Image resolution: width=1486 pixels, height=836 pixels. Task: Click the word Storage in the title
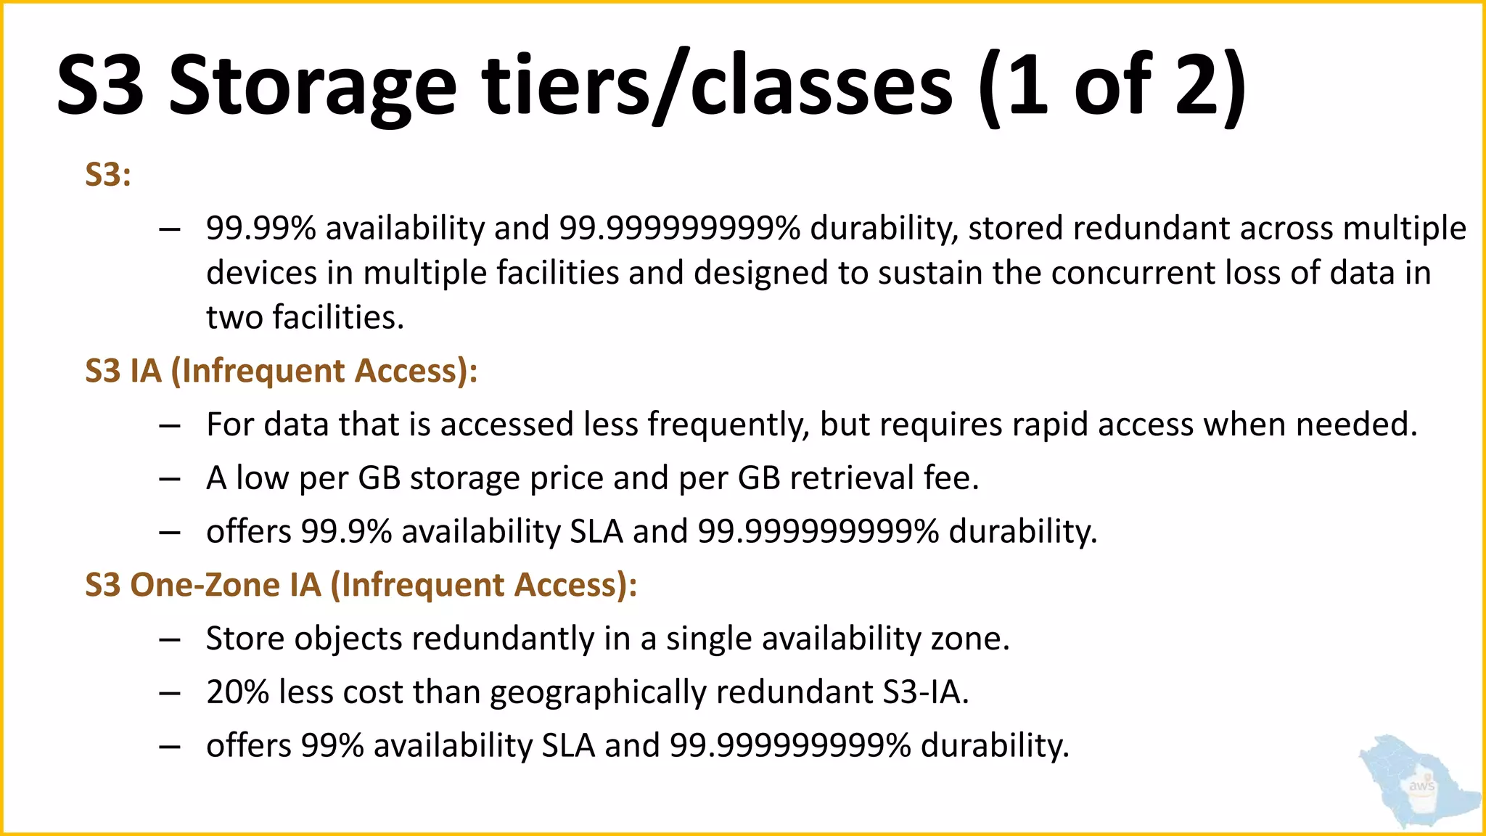[312, 87]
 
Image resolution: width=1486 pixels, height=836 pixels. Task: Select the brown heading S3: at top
[108, 175]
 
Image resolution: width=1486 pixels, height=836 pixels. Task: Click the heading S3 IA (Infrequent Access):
[282, 371]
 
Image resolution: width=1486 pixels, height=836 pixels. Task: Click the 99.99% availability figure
[261, 229]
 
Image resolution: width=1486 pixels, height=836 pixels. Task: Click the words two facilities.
[305, 318]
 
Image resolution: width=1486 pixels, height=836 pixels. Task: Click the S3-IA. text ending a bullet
[926, 692]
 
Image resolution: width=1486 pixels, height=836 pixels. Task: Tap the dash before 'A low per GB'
[170, 479]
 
